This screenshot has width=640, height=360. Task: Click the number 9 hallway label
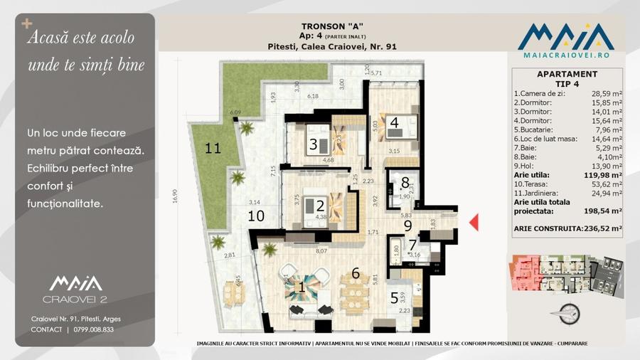coord(408,226)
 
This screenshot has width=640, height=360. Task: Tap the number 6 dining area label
coord(356,272)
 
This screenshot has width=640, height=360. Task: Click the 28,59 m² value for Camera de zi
coord(606,93)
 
